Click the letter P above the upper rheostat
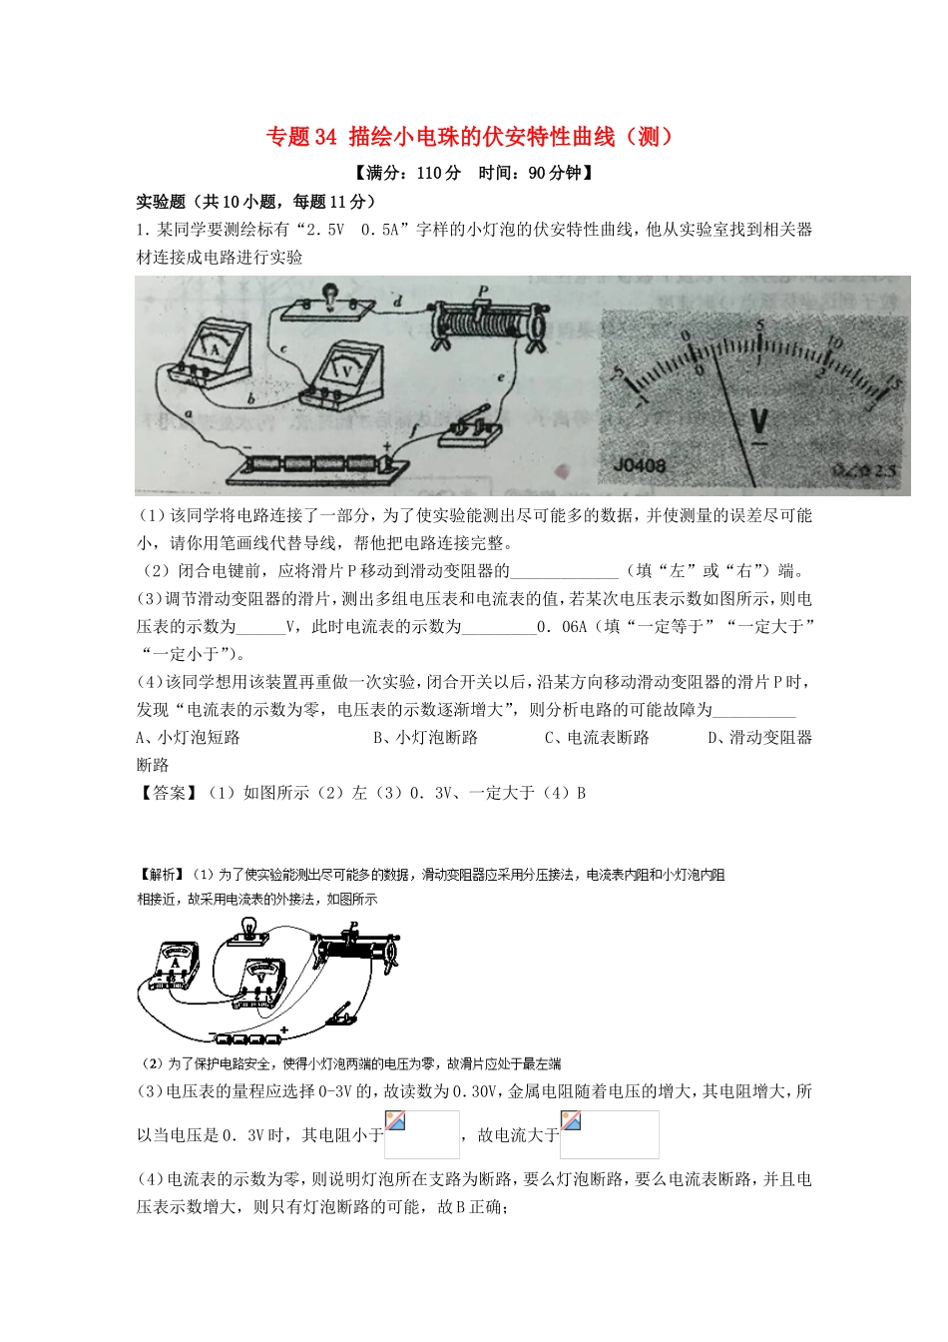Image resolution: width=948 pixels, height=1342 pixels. coord(483,292)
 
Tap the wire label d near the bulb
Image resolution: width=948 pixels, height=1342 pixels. coord(397,301)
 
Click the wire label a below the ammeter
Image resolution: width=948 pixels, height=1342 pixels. coord(187,411)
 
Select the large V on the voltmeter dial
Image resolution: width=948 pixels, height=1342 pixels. coord(759,423)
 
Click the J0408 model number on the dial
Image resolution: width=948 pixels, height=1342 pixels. coord(640,465)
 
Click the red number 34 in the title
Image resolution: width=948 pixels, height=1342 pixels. coord(326,137)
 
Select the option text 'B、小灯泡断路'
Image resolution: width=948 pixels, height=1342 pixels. coord(425,737)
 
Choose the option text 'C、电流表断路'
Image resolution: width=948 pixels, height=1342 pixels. coord(597,737)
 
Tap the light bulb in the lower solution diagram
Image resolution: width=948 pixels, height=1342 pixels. coord(242,933)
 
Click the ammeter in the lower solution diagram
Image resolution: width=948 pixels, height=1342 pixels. coord(177,965)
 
